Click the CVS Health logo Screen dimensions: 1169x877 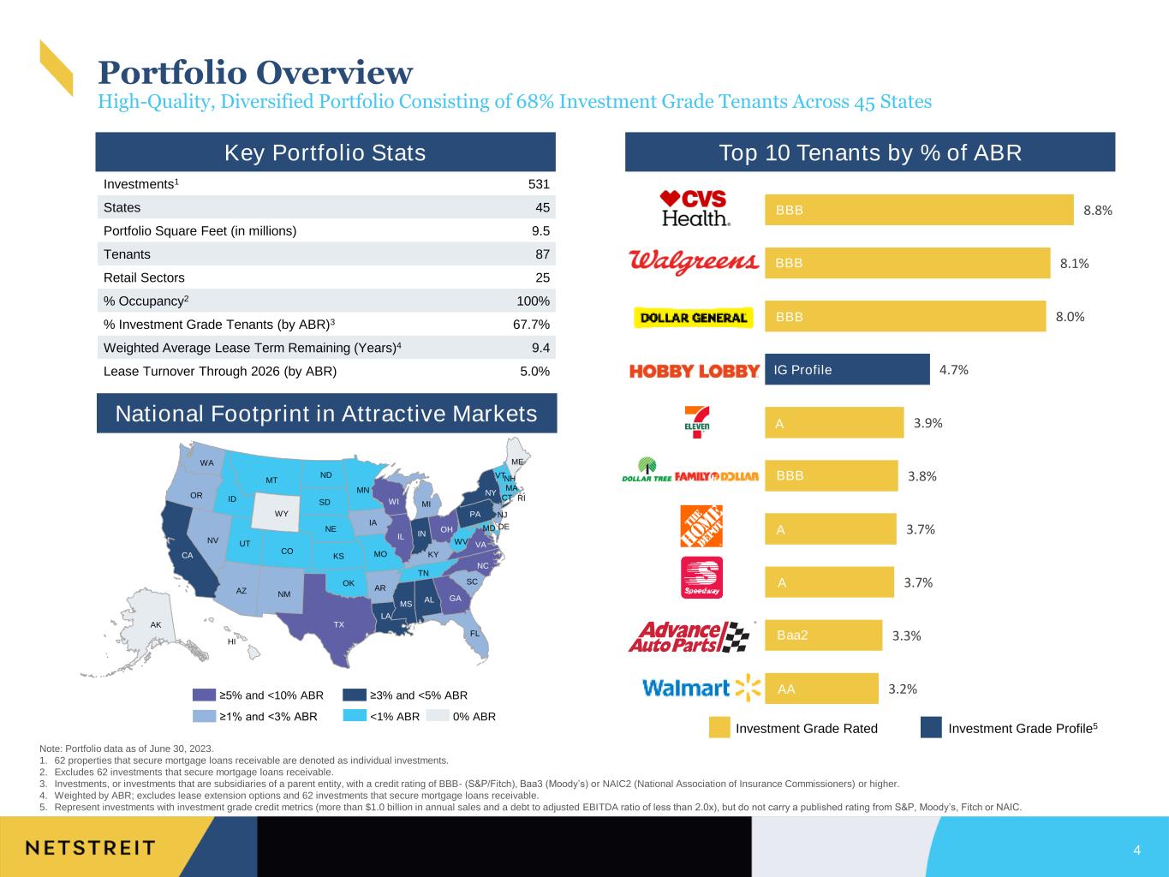[694, 209]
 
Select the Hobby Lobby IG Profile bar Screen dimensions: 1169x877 [847, 369]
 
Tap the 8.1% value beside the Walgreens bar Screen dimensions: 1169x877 [1074, 264]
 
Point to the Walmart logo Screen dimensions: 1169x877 [701, 688]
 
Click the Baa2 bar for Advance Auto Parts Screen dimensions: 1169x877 [823, 635]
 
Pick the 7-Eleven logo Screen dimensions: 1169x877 [696, 421]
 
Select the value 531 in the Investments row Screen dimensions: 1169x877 [539, 184]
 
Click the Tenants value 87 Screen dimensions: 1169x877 [542, 254]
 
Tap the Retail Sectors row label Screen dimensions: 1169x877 [144, 278]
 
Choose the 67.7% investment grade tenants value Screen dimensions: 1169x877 [531, 325]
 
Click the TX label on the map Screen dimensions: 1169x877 [339, 624]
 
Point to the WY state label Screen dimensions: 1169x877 [281, 514]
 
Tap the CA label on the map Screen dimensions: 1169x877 [187, 555]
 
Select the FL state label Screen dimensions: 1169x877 [474, 634]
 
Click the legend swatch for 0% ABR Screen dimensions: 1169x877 [438, 716]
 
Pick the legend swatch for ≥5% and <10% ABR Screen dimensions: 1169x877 [204, 695]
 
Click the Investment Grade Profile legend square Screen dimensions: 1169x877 [931, 727]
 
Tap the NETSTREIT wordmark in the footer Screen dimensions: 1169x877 [91, 848]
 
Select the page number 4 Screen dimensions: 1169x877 [1136, 850]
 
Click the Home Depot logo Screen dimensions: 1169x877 [701, 526]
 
